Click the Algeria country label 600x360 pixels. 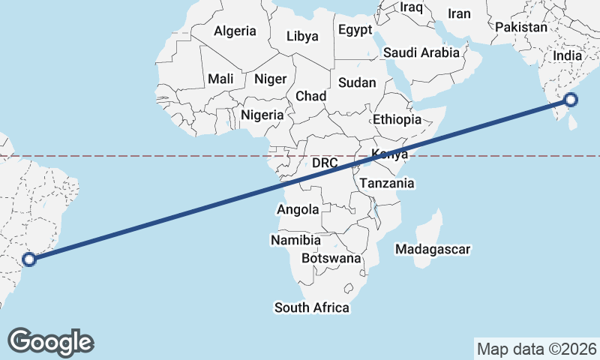coord(235,31)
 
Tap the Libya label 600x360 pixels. coord(302,36)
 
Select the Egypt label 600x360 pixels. coord(355,31)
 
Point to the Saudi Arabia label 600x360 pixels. coord(421,53)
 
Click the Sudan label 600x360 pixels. coord(357,82)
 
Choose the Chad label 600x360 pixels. coord(310,96)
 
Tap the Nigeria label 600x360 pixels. coord(262,115)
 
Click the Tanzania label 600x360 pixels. coord(387,183)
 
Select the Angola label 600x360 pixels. coord(298,210)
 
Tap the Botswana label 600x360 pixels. coord(331,259)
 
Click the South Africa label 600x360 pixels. coord(311,307)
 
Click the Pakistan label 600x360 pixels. coord(521,27)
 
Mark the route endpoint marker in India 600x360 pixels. coord(571,99)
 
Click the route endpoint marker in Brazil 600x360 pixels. coord(29,259)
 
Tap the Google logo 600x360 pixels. coord(51,341)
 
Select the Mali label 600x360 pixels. coord(220,79)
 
